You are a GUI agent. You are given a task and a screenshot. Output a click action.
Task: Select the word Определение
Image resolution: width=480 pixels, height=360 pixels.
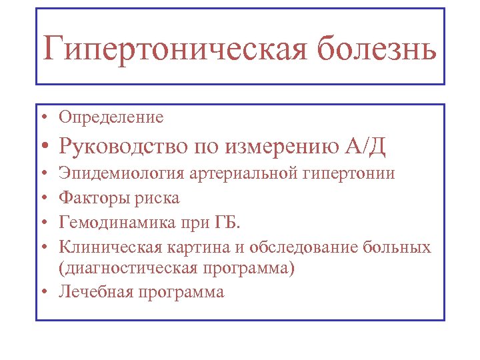(x=111, y=118)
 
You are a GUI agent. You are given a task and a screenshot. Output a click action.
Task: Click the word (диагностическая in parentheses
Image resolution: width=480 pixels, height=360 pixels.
(x=136, y=269)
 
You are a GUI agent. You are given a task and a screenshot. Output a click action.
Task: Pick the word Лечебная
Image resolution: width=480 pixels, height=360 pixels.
(x=97, y=292)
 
